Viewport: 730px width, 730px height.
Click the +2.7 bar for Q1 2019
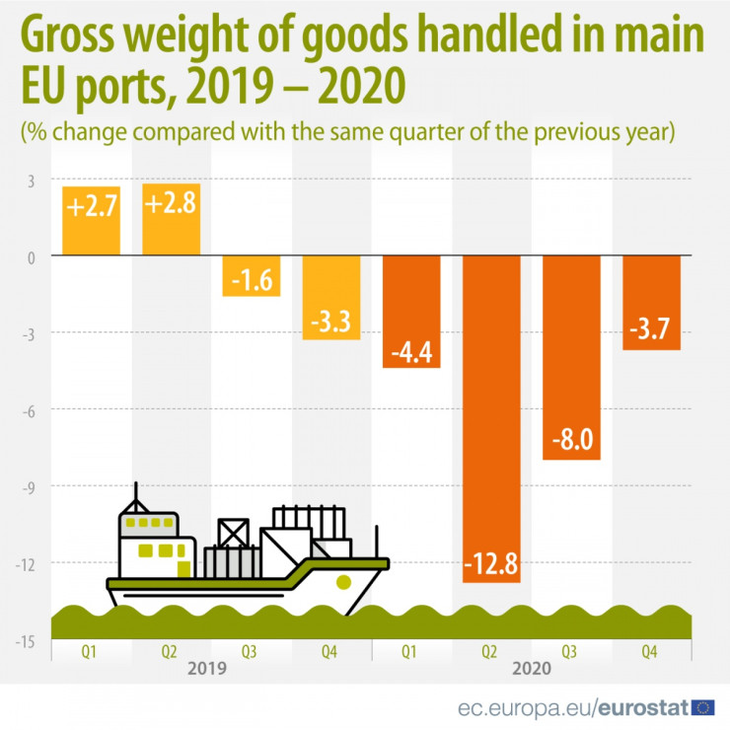91,220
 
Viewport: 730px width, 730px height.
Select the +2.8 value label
172,206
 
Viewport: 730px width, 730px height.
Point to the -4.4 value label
412,350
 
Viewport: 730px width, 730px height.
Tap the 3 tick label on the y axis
30,181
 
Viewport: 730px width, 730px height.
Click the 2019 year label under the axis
208,667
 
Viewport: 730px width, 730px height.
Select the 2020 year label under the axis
532,667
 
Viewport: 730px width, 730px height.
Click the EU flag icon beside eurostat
703,706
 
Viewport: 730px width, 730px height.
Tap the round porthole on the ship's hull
343,581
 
